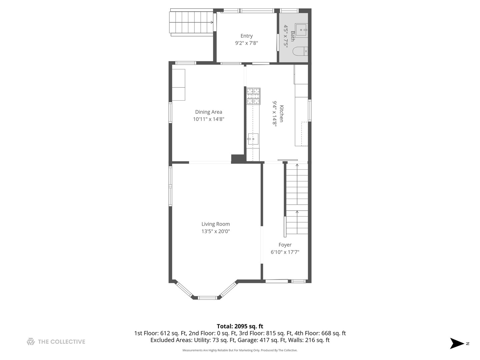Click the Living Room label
point(215,224)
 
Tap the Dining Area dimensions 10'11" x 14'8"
point(208,119)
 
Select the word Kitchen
point(281,114)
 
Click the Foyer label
point(285,245)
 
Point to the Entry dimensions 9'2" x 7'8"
point(246,43)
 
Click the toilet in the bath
point(300,51)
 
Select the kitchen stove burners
point(253,96)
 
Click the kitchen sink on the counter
point(253,139)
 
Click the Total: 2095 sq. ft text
point(240,326)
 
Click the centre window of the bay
point(208,297)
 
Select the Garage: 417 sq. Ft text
point(271,340)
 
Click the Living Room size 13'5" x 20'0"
point(215,231)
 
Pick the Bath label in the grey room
point(293,36)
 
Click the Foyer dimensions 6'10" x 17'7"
point(285,252)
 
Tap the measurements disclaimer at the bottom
point(240,350)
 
